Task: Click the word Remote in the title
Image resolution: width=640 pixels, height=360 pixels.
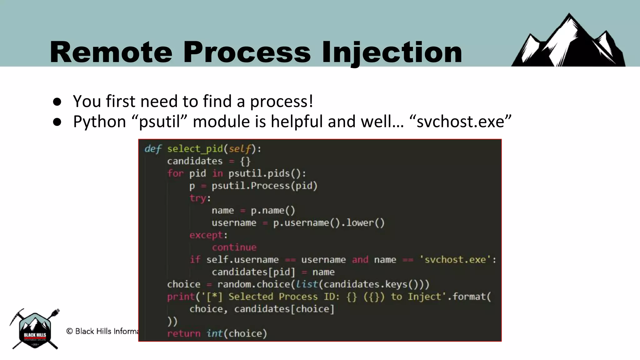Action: (111, 52)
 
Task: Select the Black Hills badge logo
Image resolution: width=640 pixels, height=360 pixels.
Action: (35, 330)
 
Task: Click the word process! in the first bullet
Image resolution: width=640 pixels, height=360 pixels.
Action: (281, 101)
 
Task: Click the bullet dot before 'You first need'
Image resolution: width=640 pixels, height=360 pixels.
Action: (57, 102)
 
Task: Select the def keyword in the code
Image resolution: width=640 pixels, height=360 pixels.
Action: (153, 149)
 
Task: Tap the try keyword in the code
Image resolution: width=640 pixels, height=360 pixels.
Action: (198, 198)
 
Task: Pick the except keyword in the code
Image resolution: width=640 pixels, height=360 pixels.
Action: (206, 235)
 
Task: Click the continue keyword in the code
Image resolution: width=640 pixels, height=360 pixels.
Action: (234, 247)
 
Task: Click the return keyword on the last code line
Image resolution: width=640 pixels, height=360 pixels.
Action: (183, 334)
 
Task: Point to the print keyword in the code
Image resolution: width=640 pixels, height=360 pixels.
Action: (181, 297)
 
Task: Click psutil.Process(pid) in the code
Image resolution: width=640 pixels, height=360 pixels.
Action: (264, 186)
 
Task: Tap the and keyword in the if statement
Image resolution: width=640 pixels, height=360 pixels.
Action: (360, 260)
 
